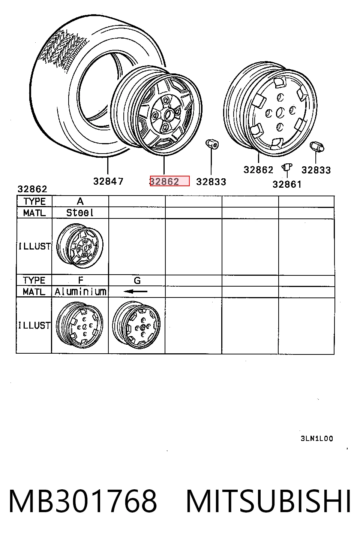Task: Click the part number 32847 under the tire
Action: coord(108,181)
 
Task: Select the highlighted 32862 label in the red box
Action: coord(169,181)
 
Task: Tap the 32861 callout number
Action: coord(287,185)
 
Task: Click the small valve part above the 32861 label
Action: coord(287,167)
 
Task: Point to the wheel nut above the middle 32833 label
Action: coord(212,144)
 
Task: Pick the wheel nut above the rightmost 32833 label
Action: coord(317,147)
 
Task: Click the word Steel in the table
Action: coord(80,213)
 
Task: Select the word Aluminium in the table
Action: coord(81,291)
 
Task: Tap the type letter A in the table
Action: coord(80,201)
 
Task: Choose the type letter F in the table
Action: coord(81,280)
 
